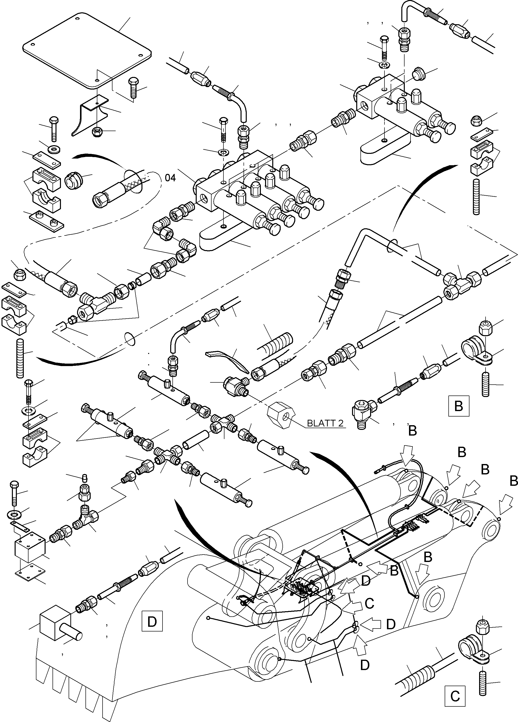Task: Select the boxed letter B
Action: (458, 406)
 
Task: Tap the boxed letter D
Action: (152, 621)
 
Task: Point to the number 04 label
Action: (170, 178)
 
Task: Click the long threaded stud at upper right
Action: (476, 196)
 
